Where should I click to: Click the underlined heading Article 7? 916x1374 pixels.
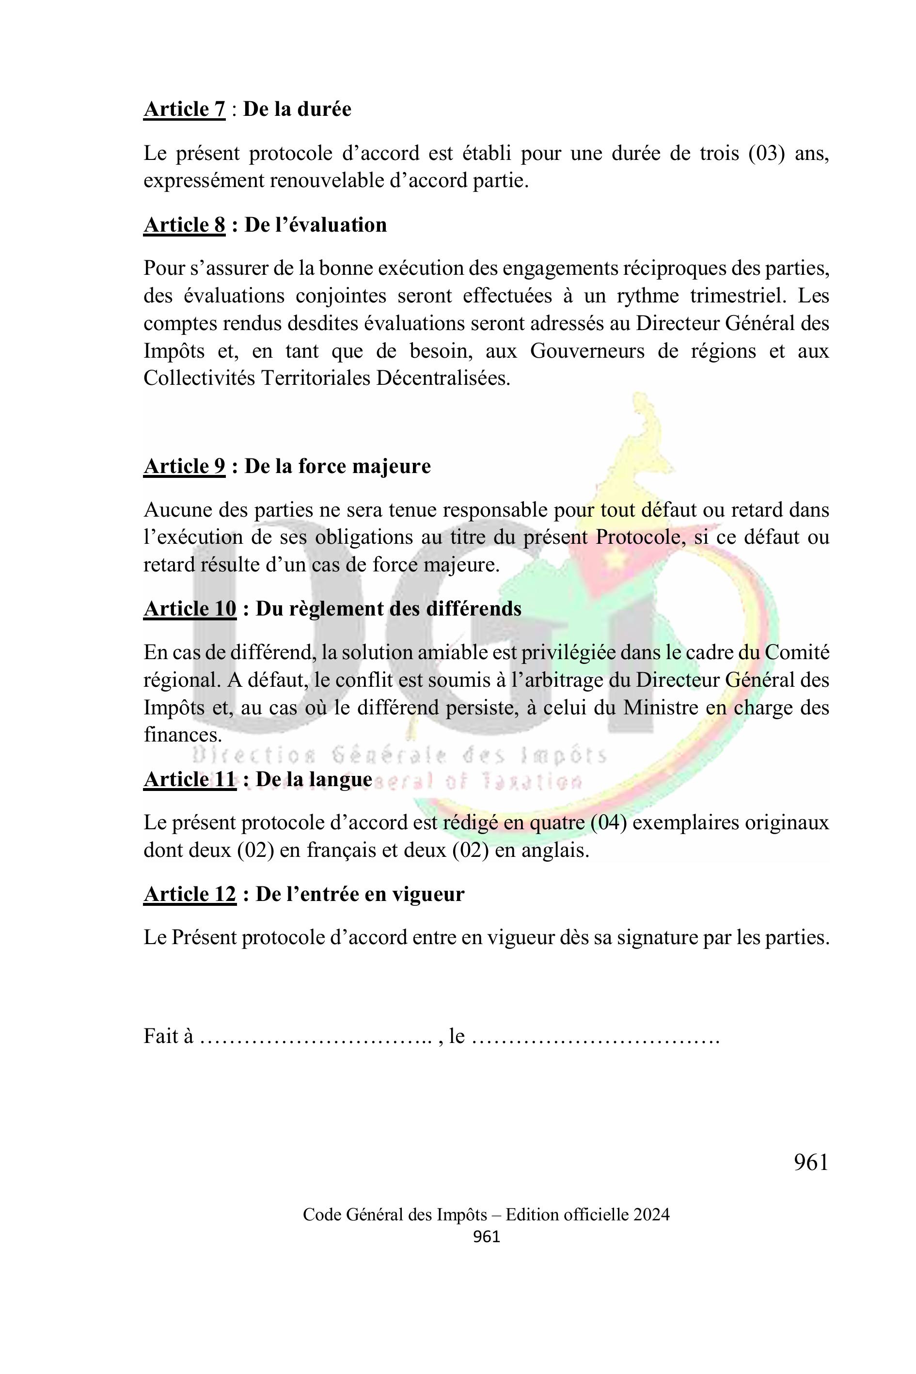click(x=184, y=109)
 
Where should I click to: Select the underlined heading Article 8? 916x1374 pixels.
click(x=184, y=225)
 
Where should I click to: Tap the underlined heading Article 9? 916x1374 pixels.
click(x=184, y=466)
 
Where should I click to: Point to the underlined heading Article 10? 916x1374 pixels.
click(x=190, y=609)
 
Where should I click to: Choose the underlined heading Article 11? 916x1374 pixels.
click(x=190, y=779)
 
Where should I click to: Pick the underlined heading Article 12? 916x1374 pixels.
click(x=190, y=894)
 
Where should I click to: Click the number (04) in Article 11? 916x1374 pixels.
click(x=609, y=822)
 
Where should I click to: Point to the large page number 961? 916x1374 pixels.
click(x=811, y=1163)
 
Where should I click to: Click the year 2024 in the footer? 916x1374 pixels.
click(x=650, y=1215)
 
